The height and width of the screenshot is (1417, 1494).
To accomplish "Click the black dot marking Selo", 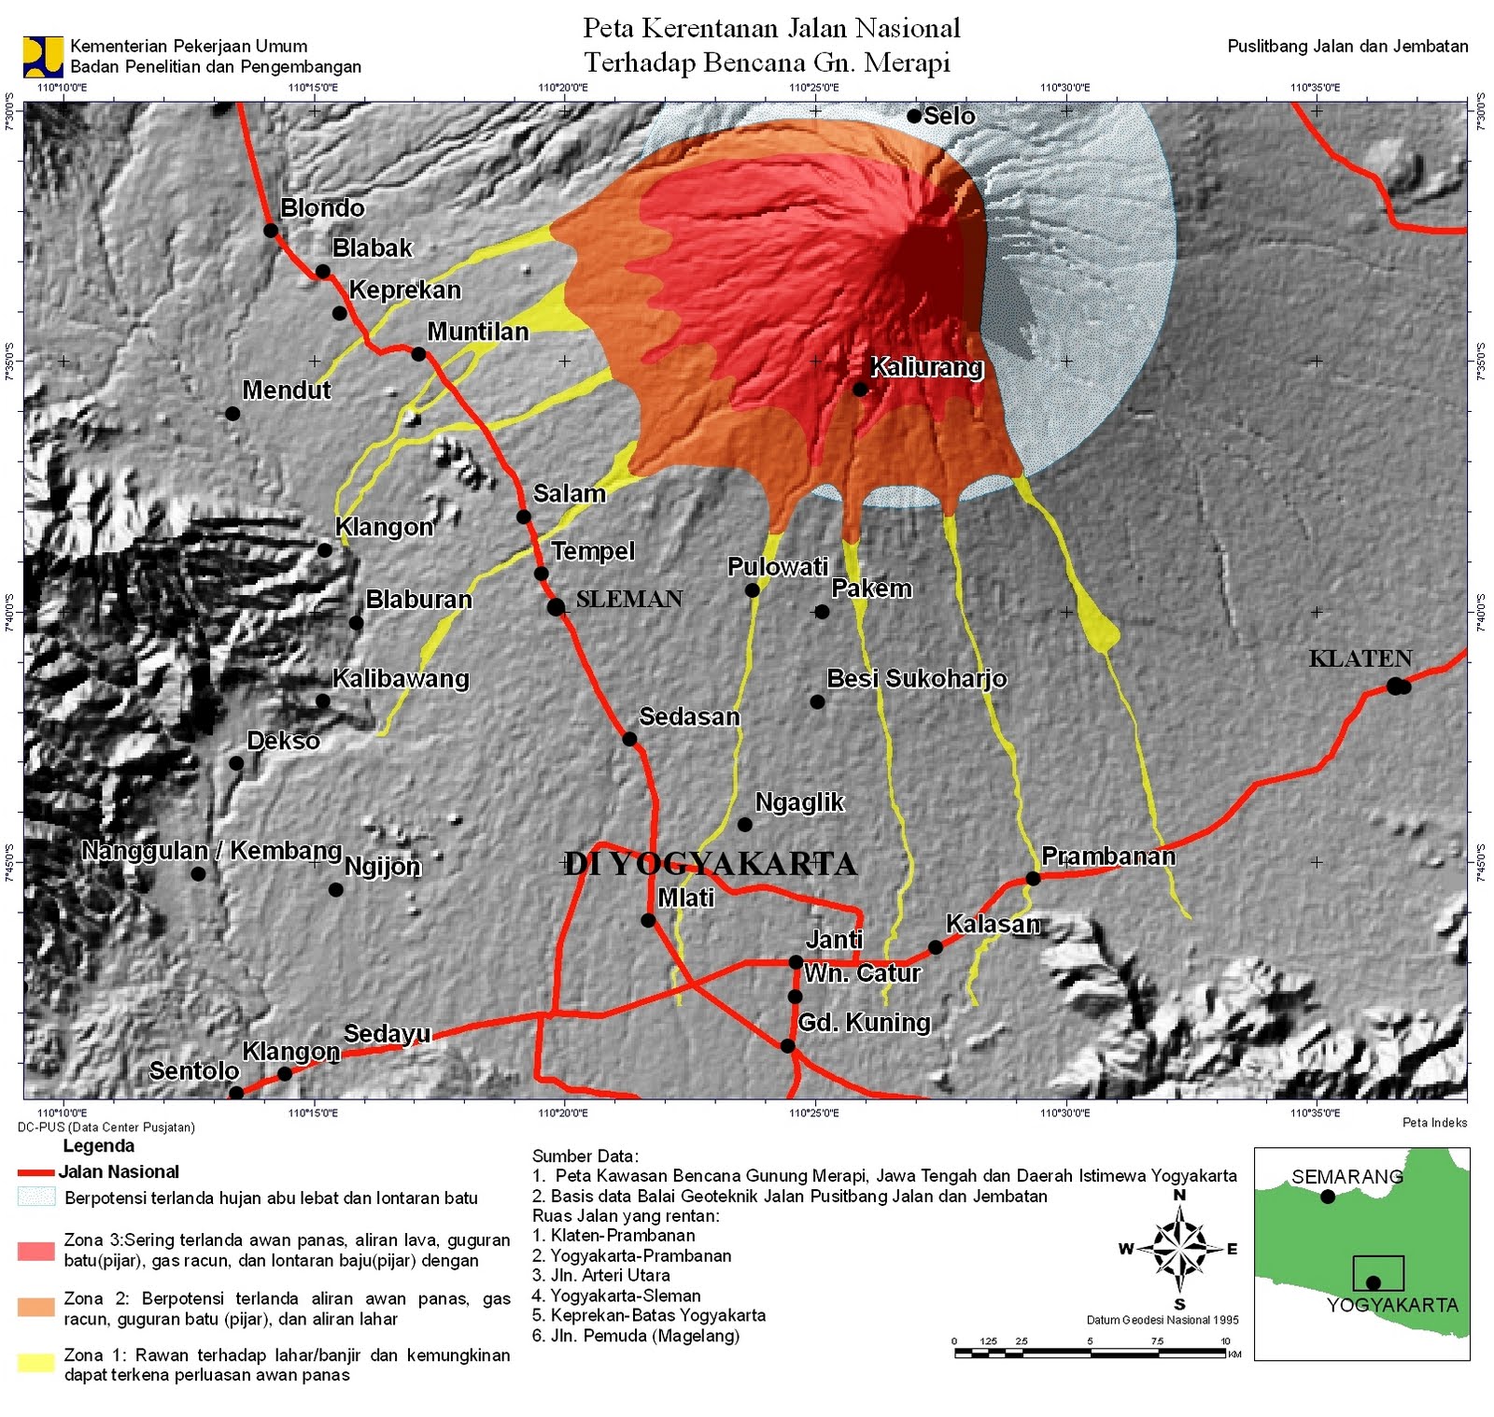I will pos(914,116).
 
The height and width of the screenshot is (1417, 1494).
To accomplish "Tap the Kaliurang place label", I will pos(926,367).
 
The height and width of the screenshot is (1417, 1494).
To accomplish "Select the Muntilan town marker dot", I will pos(418,354).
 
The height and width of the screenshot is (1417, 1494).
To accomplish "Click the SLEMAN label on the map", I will pos(629,599).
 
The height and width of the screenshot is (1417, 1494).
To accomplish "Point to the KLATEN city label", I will pos(1360,659).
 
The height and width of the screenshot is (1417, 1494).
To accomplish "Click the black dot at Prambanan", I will pos(1033,878).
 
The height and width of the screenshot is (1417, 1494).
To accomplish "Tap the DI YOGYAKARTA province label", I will pos(710,864).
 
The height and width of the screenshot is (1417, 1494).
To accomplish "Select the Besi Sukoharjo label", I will pos(916,678).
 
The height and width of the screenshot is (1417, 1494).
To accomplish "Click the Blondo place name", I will pos(322,207).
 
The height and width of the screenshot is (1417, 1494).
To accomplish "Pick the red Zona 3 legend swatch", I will pos(35,1251).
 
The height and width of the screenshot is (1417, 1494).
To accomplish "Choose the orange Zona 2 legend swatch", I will pos(35,1307).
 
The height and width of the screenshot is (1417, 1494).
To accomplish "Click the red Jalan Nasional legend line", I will pos(35,1172).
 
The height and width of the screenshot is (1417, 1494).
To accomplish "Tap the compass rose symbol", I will pos(1179,1248).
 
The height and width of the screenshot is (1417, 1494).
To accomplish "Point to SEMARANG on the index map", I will pos(1346,1177).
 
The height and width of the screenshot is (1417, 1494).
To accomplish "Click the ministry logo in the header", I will pos(42,56).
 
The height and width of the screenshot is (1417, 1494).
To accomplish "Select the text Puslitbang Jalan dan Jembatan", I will pos(1346,46).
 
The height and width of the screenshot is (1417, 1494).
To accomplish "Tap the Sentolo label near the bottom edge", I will pos(194,1070).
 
